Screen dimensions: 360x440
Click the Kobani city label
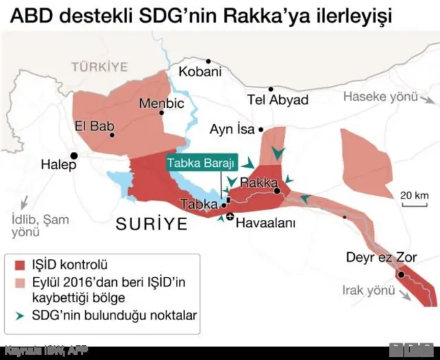click(x=200, y=71)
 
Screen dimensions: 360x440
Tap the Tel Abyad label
click(x=278, y=100)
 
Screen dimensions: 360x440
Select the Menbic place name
click(x=162, y=104)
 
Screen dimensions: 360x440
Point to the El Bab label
click(x=93, y=126)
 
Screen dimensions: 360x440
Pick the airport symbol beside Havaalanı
click(x=230, y=218)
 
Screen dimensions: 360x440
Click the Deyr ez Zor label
click(x=381, y=257)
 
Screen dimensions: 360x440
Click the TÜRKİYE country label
click(x=100, y=67)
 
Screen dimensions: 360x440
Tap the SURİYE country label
click(x=151, y=223)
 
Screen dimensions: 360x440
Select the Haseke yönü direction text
click(x=380, y=97)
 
